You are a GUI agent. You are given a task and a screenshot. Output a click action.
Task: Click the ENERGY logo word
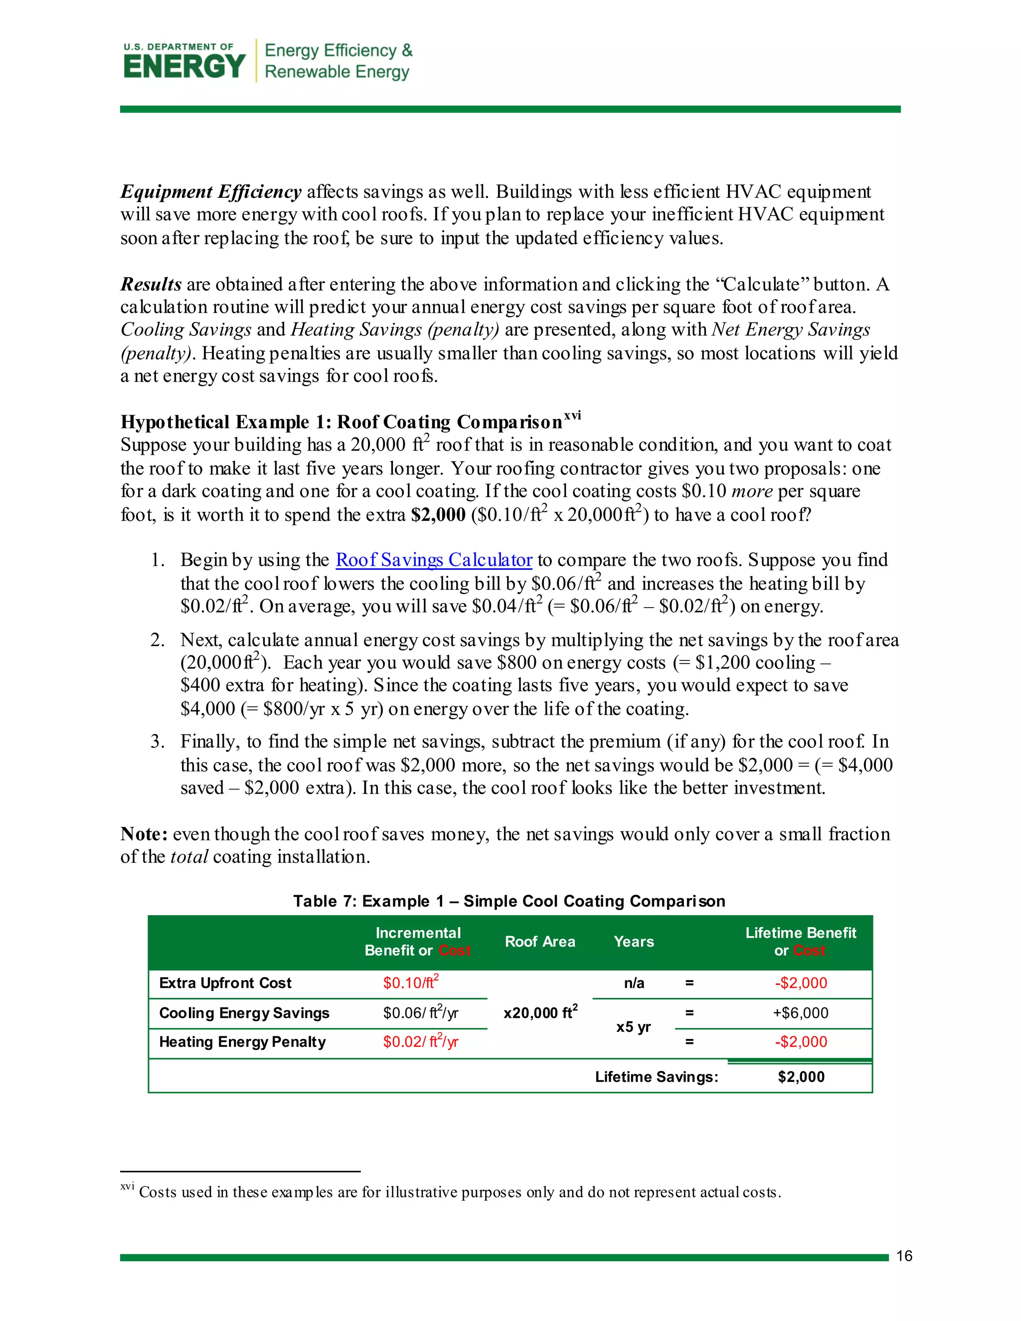[x=184, y=66]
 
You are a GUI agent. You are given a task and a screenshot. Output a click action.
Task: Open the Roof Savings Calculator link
[x=434, y=560]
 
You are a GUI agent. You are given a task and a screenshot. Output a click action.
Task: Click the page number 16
[x=904, y=1256]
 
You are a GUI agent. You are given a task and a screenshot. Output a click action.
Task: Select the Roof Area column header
[x=539, y=942]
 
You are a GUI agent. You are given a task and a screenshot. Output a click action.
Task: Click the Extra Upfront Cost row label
[x=225, y=983]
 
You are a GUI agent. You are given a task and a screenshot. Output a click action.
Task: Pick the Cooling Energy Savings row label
[x=244, y=1013]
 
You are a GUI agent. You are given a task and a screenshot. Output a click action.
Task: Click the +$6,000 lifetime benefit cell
[x=800, y=1013]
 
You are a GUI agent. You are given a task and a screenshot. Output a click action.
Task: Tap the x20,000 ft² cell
[x=540, y=1012]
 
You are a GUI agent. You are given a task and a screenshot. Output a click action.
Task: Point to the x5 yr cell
[x=633, y=1027]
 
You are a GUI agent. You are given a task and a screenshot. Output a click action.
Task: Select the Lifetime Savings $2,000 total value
[x=801, y=1077]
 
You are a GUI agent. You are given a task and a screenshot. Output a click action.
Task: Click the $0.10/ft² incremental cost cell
[x=411, y=983]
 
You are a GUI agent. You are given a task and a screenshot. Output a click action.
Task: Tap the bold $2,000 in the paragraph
[x=438, y=515]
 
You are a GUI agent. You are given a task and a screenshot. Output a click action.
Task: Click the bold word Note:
[x=144, y=834]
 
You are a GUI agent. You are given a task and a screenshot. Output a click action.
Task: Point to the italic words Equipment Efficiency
[x=210, y=192]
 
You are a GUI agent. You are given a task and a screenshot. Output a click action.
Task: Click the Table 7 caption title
[x=509, y=901]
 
